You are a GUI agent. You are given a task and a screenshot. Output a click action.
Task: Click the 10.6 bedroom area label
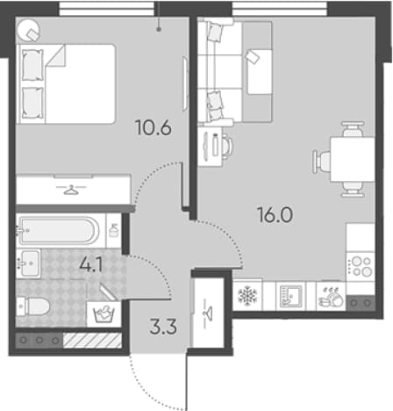154,128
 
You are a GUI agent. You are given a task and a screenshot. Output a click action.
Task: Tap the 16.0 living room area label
275,214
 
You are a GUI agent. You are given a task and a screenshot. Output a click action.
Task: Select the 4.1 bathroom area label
91,266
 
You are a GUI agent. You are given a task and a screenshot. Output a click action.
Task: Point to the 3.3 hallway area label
163,327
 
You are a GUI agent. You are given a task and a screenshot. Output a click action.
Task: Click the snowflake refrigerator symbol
247,295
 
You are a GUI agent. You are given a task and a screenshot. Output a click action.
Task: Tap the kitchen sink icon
290,296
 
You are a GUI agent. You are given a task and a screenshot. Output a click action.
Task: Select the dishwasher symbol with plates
332,296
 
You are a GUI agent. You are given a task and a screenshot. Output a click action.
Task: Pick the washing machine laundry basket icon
104,315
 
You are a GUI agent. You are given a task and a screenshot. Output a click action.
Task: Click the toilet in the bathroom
32,306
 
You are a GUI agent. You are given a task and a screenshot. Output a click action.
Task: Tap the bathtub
58,231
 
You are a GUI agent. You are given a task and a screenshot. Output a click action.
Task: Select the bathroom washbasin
28,263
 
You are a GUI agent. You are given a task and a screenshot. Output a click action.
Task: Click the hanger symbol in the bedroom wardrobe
71,190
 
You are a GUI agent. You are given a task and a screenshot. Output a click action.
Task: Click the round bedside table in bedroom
28,31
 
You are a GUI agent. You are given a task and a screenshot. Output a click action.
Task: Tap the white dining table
353,159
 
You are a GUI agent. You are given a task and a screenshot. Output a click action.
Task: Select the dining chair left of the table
321,161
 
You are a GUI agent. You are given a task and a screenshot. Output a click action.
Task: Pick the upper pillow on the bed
32,65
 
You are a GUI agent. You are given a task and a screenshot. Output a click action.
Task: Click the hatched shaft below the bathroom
92,341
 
